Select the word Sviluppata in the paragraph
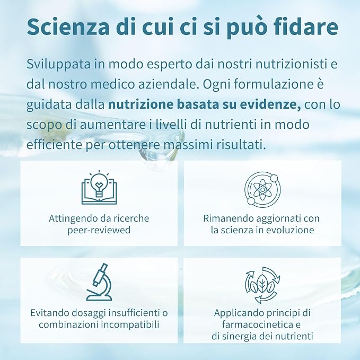[x=58, y=64]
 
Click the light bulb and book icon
[x=99, y=188]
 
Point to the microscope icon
[x=99, y=282]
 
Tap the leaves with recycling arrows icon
[x=262, y=285]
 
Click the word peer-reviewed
[x=99, y=230]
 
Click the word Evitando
[x=49, y=313]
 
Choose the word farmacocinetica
[x=255, y=324]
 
